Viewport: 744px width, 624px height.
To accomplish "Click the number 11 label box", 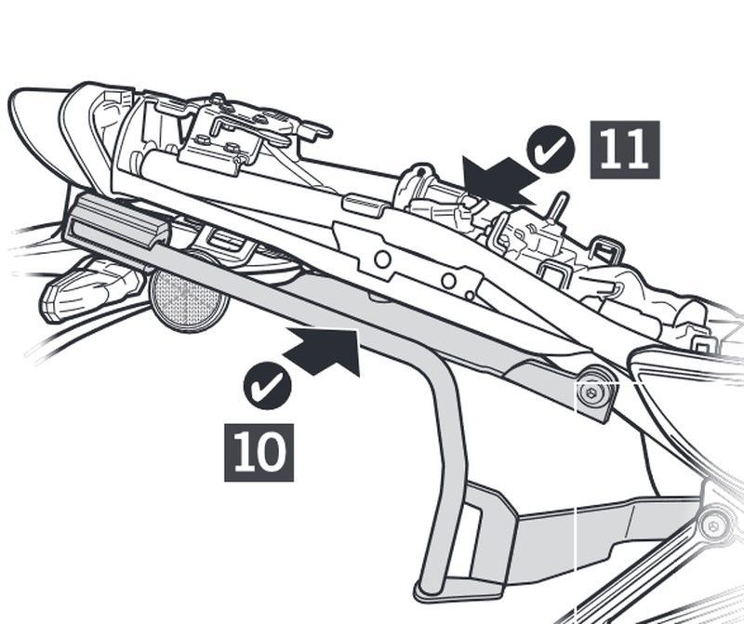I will pos(624,149).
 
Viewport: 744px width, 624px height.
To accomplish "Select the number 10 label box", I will pos(259,452).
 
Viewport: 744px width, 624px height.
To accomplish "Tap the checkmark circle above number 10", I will pos(267,384).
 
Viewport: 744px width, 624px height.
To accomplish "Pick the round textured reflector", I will pos(189,299).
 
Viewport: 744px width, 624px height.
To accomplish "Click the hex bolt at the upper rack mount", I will pos(591,393).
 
